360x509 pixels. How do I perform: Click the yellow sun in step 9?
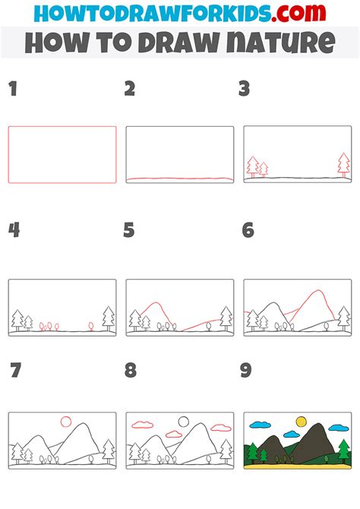coord(301,420)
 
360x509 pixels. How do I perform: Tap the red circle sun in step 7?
coord(65,420)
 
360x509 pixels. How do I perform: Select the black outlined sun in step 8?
coord(183,420)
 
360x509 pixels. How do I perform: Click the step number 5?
coord(129,230)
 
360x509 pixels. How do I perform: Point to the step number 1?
coord(12,90)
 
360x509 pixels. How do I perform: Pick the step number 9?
coord(245,371)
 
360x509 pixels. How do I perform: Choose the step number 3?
coord(245,90)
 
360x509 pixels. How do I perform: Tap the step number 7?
coord(13,371)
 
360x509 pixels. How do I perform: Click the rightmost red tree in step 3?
coord(343,163)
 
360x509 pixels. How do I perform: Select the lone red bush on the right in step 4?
coord(90,325)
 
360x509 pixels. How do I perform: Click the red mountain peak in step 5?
coord(155,305)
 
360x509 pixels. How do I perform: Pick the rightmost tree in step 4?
coord(108,318)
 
